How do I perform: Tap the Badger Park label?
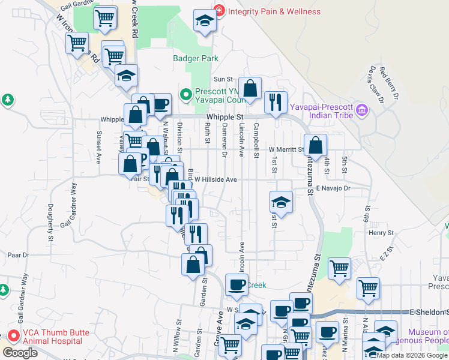click(x=196, y=59)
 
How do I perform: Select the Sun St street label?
click(x=223, y=79)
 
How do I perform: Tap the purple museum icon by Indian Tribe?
click(x=361, y=110)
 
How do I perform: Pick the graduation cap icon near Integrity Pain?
click(x=205, y=23)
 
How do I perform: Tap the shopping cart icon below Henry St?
click(x=339, y=269)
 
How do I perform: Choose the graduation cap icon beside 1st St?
click(x=280, y=203)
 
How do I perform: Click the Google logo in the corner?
click(x=20, y=353)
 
